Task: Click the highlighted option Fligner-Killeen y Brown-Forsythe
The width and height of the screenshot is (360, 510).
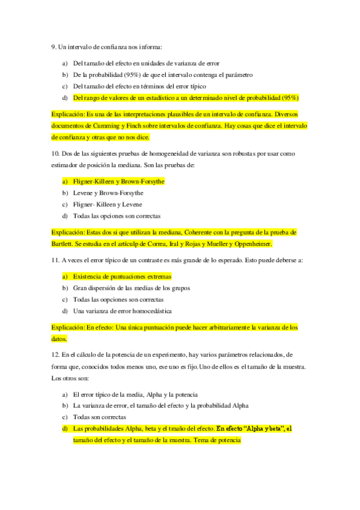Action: pos(118,180)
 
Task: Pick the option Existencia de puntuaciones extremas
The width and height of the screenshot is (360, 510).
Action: pos(122,276)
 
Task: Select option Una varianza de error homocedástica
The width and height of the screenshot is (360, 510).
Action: pos(122,311)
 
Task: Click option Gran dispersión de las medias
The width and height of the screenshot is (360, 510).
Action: pos(132,287)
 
